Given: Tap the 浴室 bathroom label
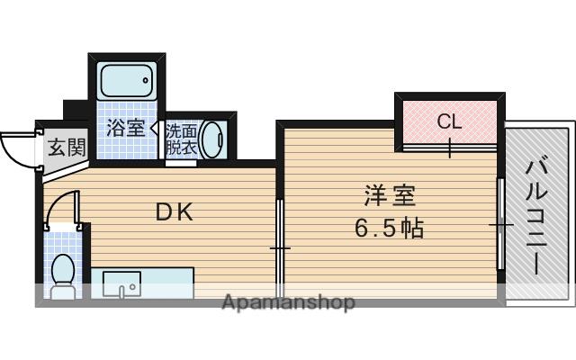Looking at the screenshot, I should point(125,127).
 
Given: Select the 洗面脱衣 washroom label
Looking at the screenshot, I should point(180,139).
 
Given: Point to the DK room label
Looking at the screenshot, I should point(175,212).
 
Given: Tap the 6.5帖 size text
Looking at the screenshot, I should point(389,227).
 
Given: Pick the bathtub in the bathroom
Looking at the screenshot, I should point(125,82).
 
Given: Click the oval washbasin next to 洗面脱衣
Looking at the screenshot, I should point(212,140).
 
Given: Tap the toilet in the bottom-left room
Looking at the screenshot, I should point(63,273).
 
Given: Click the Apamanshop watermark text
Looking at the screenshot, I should point(288,302).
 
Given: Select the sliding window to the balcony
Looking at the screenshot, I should point(499,222).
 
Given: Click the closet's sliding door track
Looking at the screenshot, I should point(449,145).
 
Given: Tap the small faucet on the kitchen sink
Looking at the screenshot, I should point(132,288).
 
